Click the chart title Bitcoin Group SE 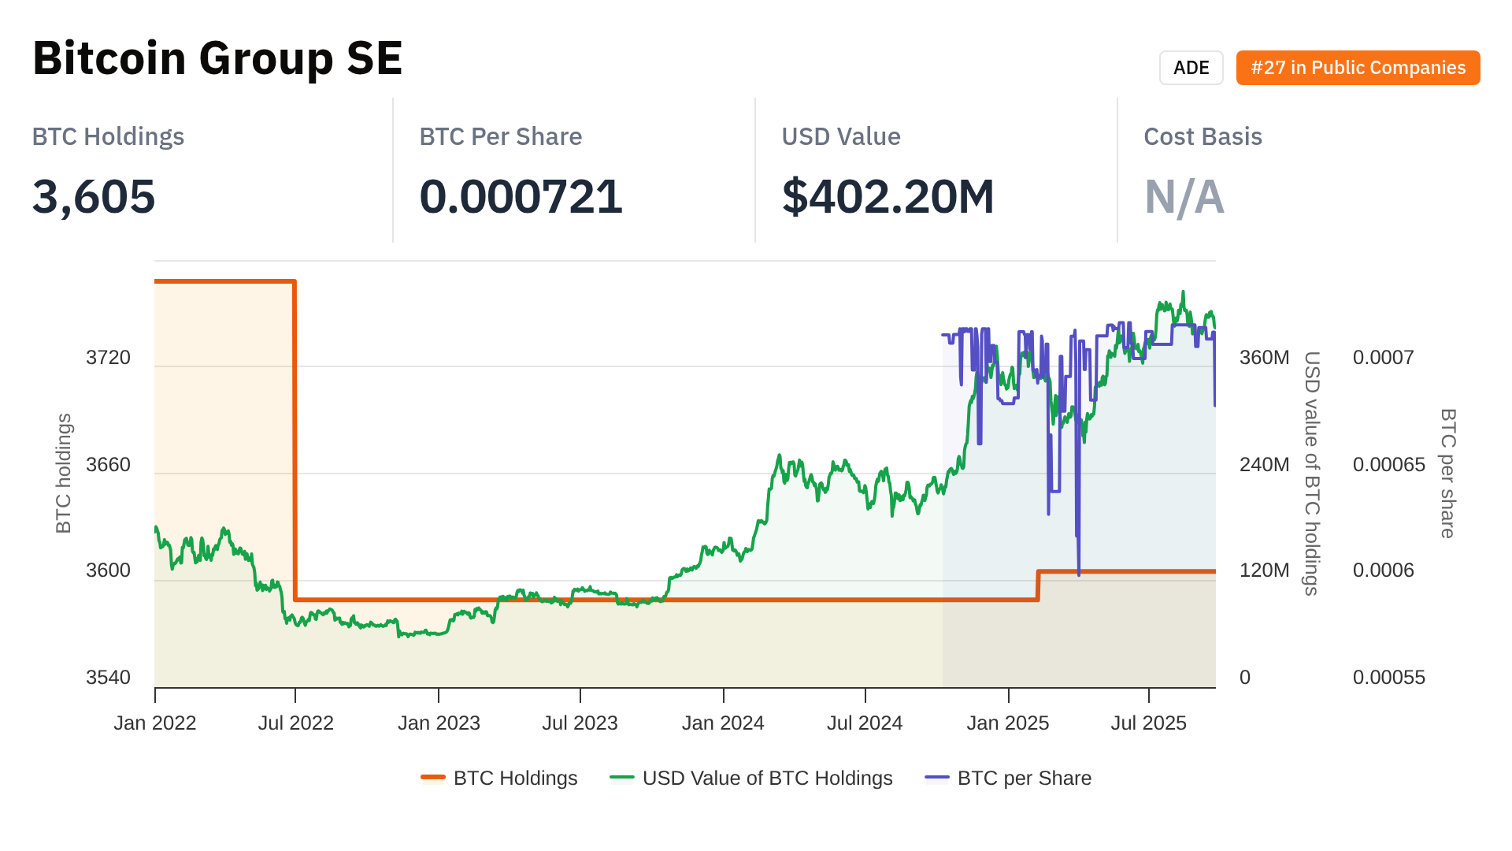217,58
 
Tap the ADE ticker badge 1191,68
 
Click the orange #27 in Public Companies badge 1358,68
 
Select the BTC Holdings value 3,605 94,196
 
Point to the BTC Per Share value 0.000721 521,196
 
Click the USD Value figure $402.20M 888,196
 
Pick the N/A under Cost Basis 1184,196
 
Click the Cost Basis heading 1203,136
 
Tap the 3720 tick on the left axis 108,358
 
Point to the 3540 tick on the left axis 108,678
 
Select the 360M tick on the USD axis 1264,358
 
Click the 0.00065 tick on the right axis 1388,465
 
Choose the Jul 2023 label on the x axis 580,723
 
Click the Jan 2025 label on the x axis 1007,723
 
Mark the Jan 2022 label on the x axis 155,723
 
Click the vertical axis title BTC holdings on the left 64,473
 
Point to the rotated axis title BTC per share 1447,473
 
